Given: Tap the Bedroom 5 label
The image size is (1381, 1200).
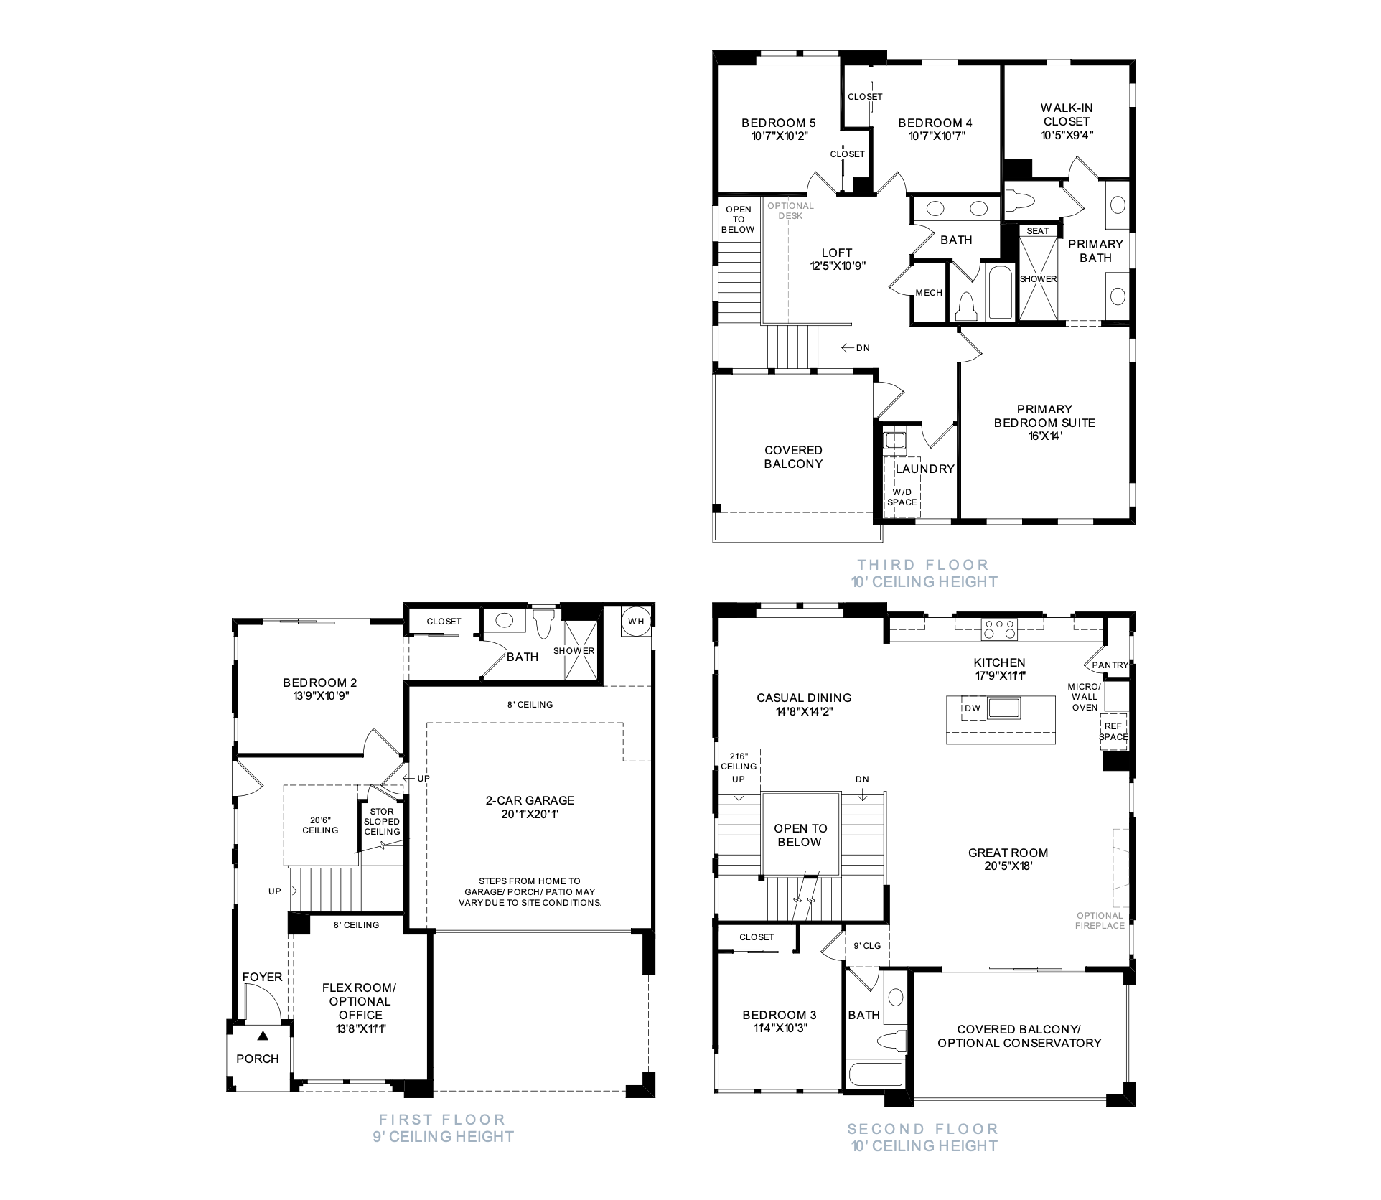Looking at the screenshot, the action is (778, 123).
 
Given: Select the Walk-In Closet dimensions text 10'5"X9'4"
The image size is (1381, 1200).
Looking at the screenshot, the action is (1067, 135).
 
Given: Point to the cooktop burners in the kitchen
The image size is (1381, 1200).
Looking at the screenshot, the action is (1000, 629).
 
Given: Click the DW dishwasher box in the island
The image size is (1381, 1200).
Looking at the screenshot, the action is (973, 708).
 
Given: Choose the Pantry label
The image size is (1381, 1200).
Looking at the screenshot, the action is (1110, 665).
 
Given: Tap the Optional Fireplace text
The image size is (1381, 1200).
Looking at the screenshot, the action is (1100, 921).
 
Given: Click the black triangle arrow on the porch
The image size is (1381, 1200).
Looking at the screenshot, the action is (263, 1036).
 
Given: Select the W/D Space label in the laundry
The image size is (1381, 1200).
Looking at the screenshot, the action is (902, 497).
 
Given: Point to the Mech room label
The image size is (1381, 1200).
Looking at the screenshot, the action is (929, 293).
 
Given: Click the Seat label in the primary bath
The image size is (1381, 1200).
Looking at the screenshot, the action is (1038, 231).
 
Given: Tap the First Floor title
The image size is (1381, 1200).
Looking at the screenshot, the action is (442, 1120).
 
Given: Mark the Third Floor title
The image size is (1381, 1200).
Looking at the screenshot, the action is (923, 565).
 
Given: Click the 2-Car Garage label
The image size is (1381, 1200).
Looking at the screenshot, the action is (530, 800).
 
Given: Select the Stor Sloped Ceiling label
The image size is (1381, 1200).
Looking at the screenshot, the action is (382, 822).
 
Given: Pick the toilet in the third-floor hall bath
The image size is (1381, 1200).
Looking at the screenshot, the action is (966, 307).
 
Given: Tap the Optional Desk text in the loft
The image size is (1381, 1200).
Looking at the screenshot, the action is (790, 211).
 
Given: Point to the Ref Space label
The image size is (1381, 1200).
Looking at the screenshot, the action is (1113, 732).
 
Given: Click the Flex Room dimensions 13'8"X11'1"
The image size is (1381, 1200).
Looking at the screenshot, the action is (360, 1028).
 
